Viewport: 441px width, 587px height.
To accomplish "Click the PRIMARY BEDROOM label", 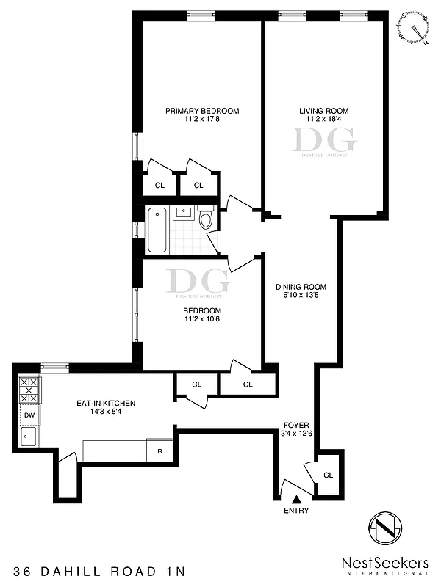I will pyautogui.click(x=202, y=111).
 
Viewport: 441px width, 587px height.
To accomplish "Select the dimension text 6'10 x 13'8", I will pyautogui.click(x=301, y=296).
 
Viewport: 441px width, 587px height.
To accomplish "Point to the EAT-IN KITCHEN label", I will pyautogui.click(x=106, y=403).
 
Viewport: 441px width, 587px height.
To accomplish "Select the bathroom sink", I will pyautogui.click(x=182, y=214).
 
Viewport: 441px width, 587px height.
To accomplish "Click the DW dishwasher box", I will pyautogui.click(x=29, y=415).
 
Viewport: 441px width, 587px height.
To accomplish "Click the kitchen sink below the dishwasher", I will pyautogui.click(x=29, y=439).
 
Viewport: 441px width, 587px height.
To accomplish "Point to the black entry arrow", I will pyautogui.click(x=296, y=499).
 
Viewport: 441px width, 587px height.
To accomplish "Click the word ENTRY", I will pyautogui.click(x=296, y=511).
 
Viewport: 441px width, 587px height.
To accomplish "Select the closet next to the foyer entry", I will pyautogui.click(x=328, y=475).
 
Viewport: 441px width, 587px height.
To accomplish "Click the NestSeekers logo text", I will pyautogui.click(x=384, y=563).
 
